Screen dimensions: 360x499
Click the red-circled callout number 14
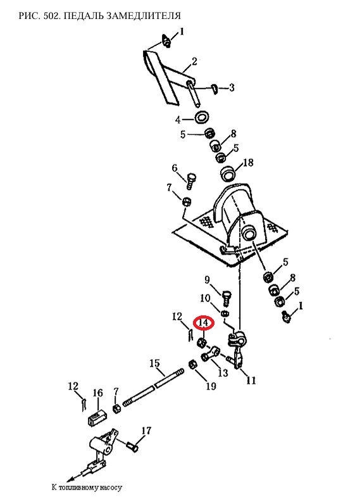[204, 323]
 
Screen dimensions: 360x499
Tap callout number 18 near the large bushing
[248, 163]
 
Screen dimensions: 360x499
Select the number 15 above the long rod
[155, 363]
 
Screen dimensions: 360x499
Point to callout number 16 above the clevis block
[97, 393]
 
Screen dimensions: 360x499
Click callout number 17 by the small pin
[146, 431]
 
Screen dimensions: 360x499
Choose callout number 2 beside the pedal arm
[194, 61]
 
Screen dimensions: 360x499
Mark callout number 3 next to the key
[232, 87]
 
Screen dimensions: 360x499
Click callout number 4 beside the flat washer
[178, 120]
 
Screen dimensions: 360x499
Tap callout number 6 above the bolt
[175, 168]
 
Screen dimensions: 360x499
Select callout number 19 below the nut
[211, 386]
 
